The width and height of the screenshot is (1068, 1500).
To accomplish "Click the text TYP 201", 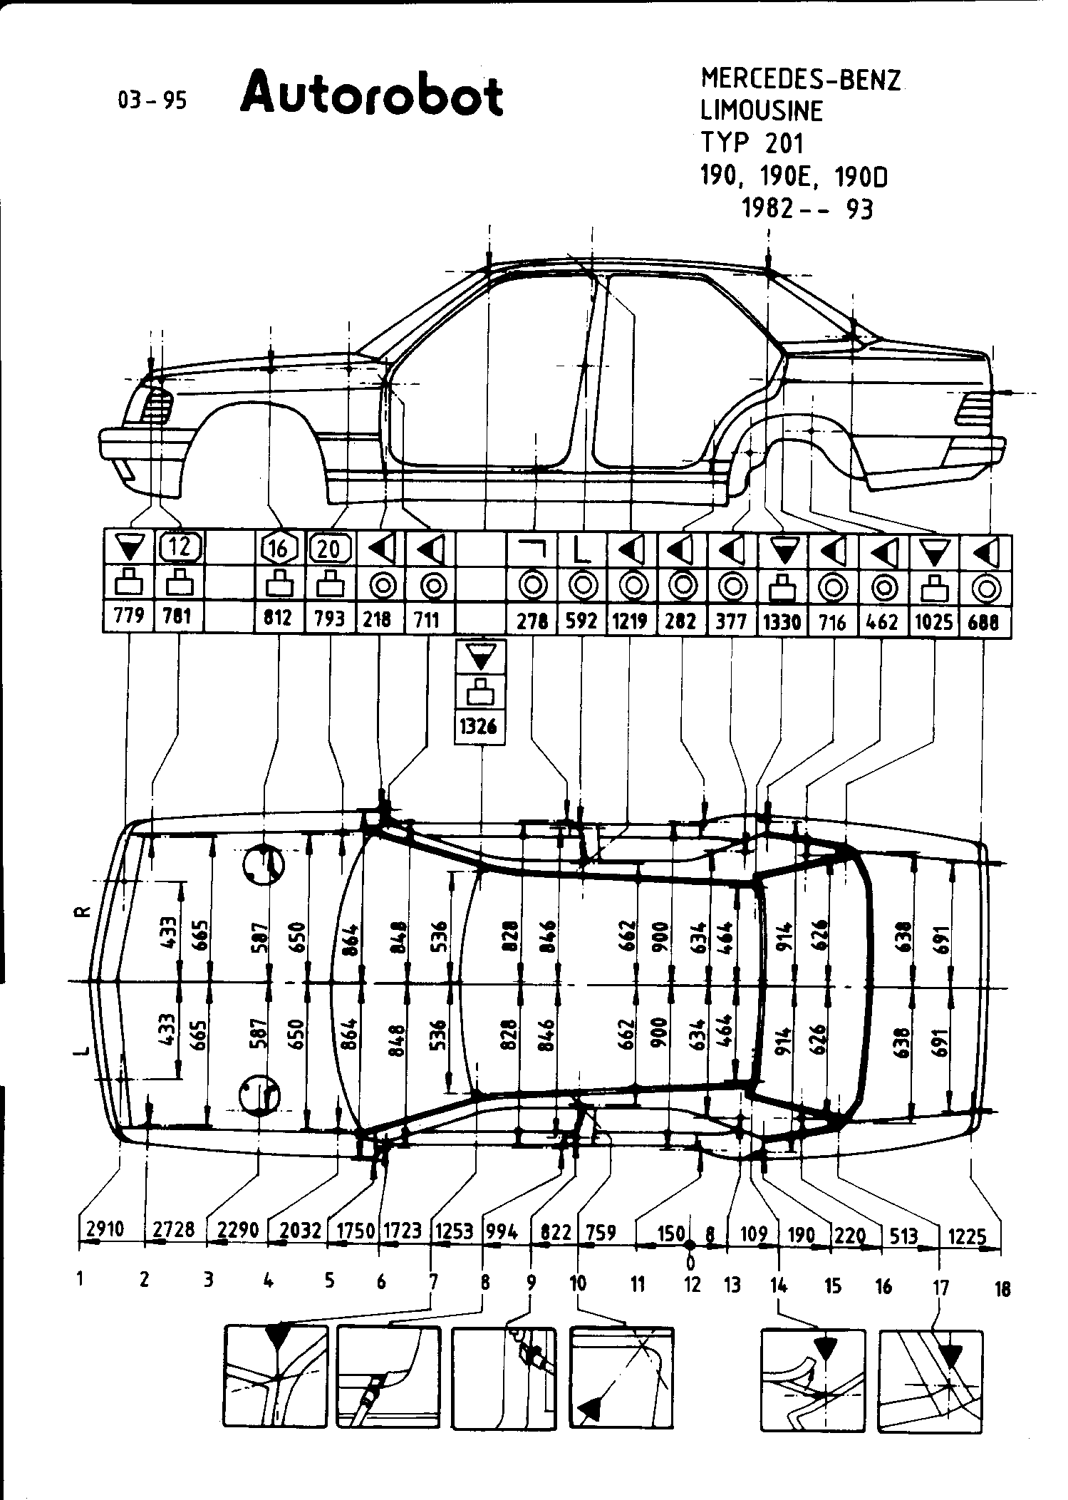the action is click(752, 143).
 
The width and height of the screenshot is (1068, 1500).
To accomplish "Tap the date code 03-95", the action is click(152, 101).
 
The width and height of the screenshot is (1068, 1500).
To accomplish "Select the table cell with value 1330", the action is click(782, 622).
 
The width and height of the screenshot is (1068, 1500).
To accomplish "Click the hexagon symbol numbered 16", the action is click(278, 548).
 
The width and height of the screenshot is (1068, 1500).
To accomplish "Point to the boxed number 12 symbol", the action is click(180, 547).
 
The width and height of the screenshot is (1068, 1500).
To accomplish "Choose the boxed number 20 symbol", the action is click(330, 548).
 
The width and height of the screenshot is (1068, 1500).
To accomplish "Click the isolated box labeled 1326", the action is click(480, 727).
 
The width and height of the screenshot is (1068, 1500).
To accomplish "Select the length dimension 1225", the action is click(967, 1236).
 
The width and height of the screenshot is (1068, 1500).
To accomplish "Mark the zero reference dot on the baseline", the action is click(690, 1245).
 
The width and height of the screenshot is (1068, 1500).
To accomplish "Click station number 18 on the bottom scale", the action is click(1002, 1288).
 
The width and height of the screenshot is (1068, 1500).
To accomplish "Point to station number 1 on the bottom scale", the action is click(80, 1279).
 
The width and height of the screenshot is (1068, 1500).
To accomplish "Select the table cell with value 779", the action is click(129, 615).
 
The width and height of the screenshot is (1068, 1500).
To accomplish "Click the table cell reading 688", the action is click(984, 622).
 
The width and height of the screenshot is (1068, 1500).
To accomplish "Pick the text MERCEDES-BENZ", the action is click(801, 79).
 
